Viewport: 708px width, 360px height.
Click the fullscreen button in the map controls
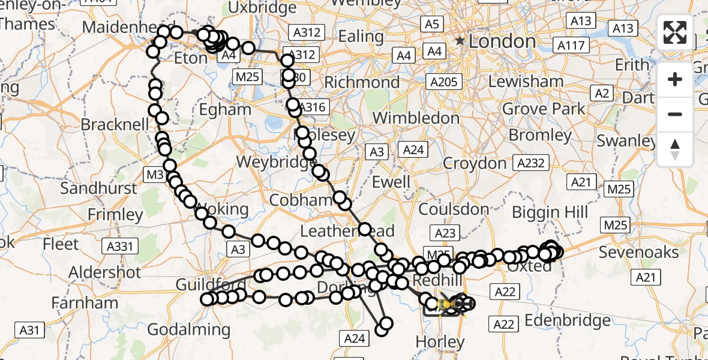(675, 32)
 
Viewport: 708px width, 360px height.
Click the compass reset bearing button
(675, 149)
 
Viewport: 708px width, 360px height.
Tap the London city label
(502, 41)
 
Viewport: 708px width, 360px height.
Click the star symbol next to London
(460, 41)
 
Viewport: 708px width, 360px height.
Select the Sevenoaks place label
(638, 252)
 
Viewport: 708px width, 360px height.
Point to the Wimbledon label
(416, 118)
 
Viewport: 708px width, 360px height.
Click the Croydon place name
(475, 163)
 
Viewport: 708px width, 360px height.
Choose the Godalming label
(188, 329)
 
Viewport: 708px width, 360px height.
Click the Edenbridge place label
(568, 320)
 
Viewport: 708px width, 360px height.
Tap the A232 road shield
(530, 163)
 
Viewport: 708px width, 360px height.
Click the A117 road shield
(571, 46)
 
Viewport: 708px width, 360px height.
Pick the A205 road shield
(443, 82)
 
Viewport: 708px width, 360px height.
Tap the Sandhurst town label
(98, 188)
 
